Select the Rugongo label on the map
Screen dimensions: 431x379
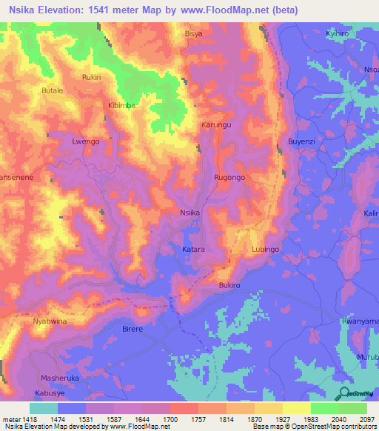[229, 178]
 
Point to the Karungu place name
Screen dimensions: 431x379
[217, 125]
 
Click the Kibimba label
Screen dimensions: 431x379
[122, 106]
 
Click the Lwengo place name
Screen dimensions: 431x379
[85, 141]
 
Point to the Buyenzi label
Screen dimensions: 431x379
[301, 141]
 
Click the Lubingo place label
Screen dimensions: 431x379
[265, 250]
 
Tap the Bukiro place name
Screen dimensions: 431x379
[231, 284]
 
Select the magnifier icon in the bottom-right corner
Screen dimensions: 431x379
[344, 392]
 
